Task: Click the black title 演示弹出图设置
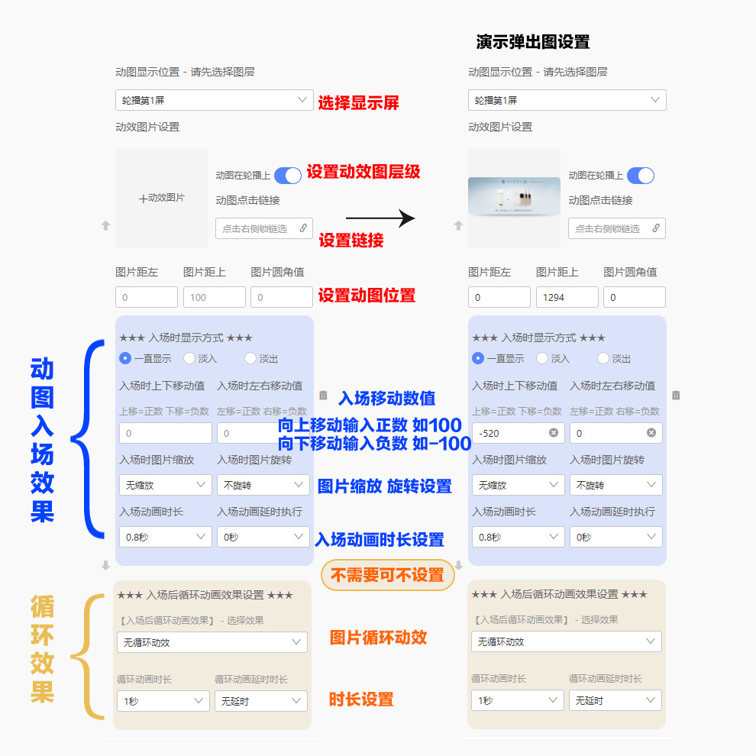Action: coord(532,42)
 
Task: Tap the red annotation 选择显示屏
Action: coord(358,103)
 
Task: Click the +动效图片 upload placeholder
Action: coord(161,198)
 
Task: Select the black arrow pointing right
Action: coord(380,219)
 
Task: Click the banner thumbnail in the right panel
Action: coord(514,199)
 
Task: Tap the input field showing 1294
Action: coord(567,297)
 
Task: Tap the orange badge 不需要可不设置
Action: coord(387,575)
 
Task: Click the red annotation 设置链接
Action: coord(351,241)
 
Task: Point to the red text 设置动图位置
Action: coord(367,296)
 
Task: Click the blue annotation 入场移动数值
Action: coord(386,398)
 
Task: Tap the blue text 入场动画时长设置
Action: coord(380,540)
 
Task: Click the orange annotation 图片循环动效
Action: coord(378,638)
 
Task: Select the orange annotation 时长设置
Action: coord(361,699)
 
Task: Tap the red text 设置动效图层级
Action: coord(363,172)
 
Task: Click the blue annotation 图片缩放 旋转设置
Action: coord(384,486)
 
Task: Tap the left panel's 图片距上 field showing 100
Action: coord(214,297)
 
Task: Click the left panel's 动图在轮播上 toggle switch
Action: coord(288,176)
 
